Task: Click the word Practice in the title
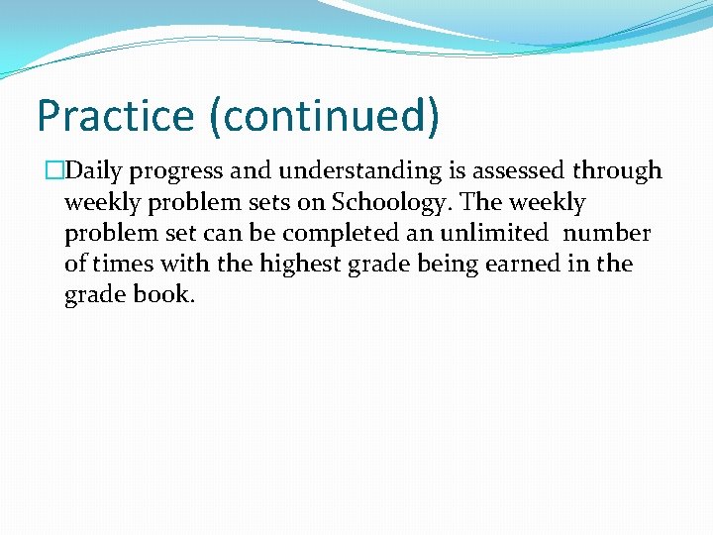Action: pyautogui.click(x=116, y=115)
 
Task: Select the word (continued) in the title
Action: pyautogui.click(x=323, y=115)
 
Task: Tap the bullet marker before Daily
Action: pyautogui.click(x=54, y=171)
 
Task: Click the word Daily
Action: pyautogui.click(x=95, y=170)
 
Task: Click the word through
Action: pyautogui.click(x=617, y=171)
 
